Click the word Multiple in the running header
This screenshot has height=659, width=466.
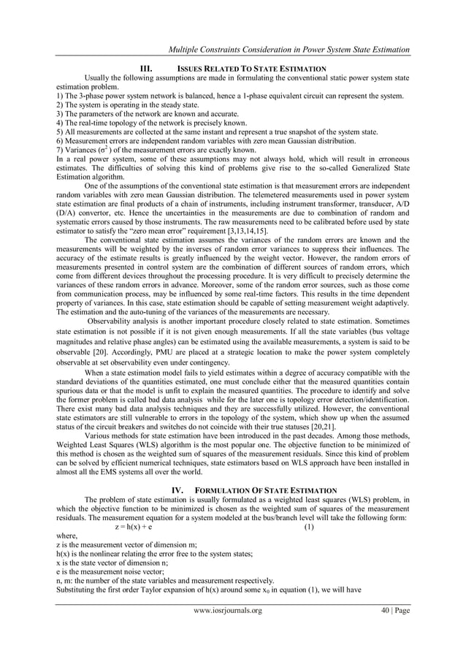click(185, 49)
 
